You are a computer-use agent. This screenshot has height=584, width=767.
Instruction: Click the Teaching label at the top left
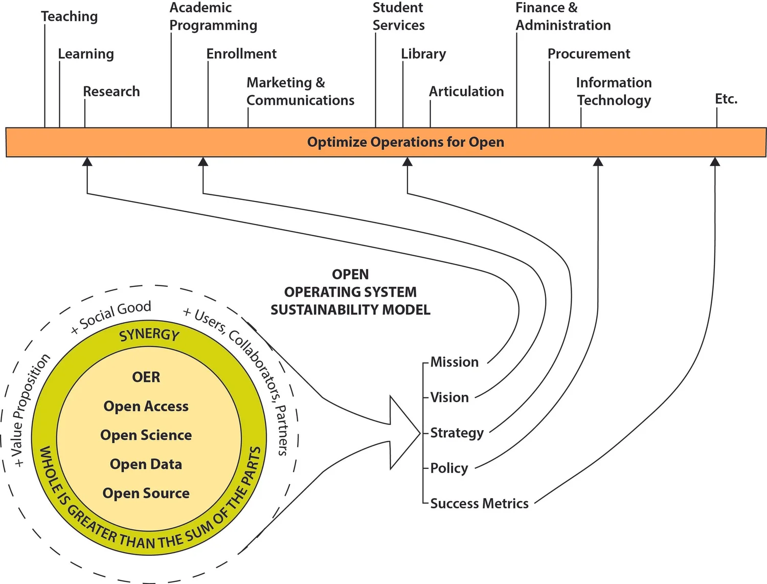point(69,16)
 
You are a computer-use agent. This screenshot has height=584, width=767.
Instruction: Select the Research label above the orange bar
point(111,92)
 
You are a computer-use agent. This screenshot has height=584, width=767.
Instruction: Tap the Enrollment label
point(241,54)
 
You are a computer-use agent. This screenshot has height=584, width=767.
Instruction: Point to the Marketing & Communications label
point(300,92)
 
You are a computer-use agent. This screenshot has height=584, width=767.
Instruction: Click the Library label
point(423,54)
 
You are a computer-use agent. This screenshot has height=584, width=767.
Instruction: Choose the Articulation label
point(466,92)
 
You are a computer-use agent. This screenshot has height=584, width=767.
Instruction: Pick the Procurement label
point(589,54)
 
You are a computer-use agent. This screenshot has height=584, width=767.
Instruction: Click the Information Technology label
point(614,92)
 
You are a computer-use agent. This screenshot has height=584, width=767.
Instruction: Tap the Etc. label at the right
point(726,99)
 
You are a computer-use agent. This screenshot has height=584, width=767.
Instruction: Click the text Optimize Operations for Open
point(405,142)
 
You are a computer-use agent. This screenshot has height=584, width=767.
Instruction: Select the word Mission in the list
point(454,362)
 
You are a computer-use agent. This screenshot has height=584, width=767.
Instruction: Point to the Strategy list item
point(457,433)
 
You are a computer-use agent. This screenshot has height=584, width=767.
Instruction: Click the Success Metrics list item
point(479,503)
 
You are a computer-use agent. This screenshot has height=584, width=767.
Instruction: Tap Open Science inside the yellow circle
point(146,435)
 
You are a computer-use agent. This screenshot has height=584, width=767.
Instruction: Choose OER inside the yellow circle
point(146,377)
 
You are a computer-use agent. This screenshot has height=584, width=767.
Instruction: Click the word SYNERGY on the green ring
point(149,335)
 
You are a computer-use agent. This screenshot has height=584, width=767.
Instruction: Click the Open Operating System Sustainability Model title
point(350,292)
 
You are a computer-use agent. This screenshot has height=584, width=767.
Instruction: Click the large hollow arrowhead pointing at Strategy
point(404,433)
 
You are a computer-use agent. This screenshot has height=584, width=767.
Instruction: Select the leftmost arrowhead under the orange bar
point(87,162)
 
